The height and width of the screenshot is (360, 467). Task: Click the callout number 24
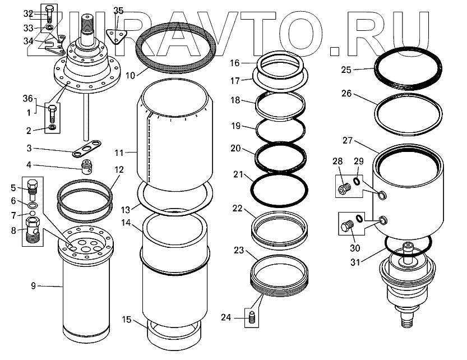point(225,318)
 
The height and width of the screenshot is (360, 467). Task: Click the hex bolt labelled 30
point(346,227)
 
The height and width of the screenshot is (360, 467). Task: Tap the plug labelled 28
point(343,189)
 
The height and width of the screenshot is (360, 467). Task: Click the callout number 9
point(33,286)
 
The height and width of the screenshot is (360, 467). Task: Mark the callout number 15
point(128,320)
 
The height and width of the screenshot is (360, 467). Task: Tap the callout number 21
point(237,176)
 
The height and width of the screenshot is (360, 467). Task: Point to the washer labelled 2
point(52,130)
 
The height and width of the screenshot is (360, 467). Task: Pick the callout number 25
point(346,70)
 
